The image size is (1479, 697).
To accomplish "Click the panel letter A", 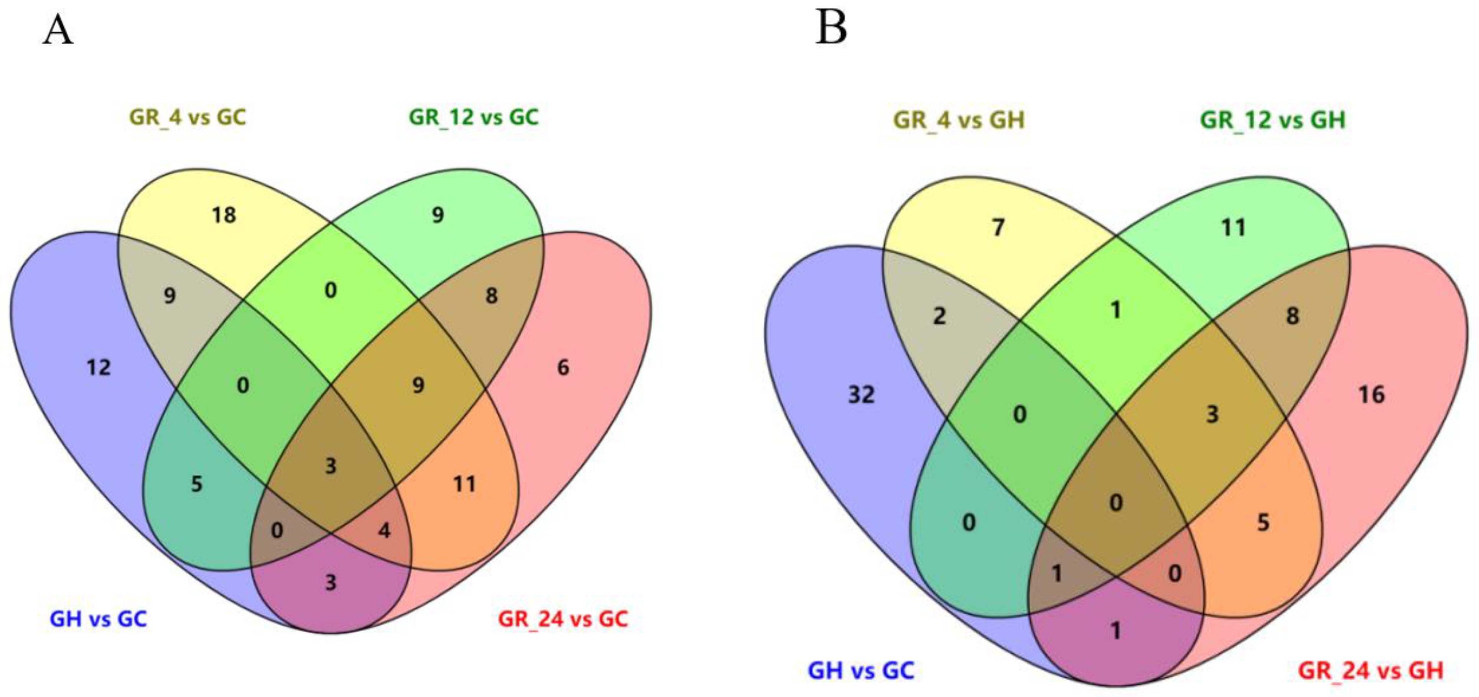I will [x=58, y=30].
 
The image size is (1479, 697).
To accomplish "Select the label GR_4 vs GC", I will [x=188, y=117].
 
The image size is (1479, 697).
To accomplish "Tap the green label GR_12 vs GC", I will [x=474, y=117].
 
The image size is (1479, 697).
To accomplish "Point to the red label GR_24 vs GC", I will [x=563, y=619].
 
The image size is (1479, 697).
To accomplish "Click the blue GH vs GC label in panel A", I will [x=98, y=619].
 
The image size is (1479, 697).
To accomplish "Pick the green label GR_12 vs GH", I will [x=1273, y=120].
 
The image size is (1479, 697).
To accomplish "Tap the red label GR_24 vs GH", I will [x=1370, y=670].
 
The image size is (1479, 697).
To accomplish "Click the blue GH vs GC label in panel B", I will [x=860, y=670].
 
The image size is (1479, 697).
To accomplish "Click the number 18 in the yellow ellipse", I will [x=223, y=215].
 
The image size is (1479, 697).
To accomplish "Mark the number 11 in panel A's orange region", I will [x=464, y=484].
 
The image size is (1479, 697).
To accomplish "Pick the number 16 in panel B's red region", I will [x=1372, y=394].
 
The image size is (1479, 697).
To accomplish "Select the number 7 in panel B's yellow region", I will [x=999, y=228].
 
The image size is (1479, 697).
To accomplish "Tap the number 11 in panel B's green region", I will [x=1233, y=228].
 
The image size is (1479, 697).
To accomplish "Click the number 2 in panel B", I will [x=939, y=316].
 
